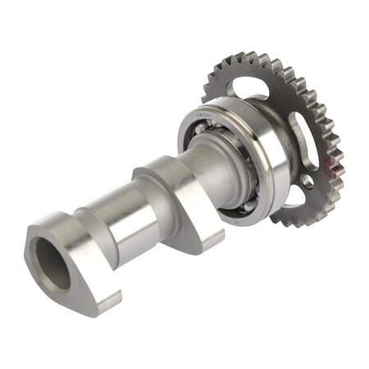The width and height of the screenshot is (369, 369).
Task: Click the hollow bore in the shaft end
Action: (x=51, y=262)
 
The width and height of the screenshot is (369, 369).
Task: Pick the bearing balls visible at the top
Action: (x=215, y=123)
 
